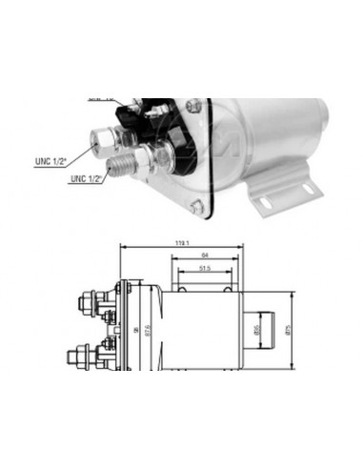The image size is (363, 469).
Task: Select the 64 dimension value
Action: [x=205, y=255]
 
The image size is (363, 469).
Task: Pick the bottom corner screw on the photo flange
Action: [x=194, y=206]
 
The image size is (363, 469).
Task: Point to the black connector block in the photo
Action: [x=157, y=133]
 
